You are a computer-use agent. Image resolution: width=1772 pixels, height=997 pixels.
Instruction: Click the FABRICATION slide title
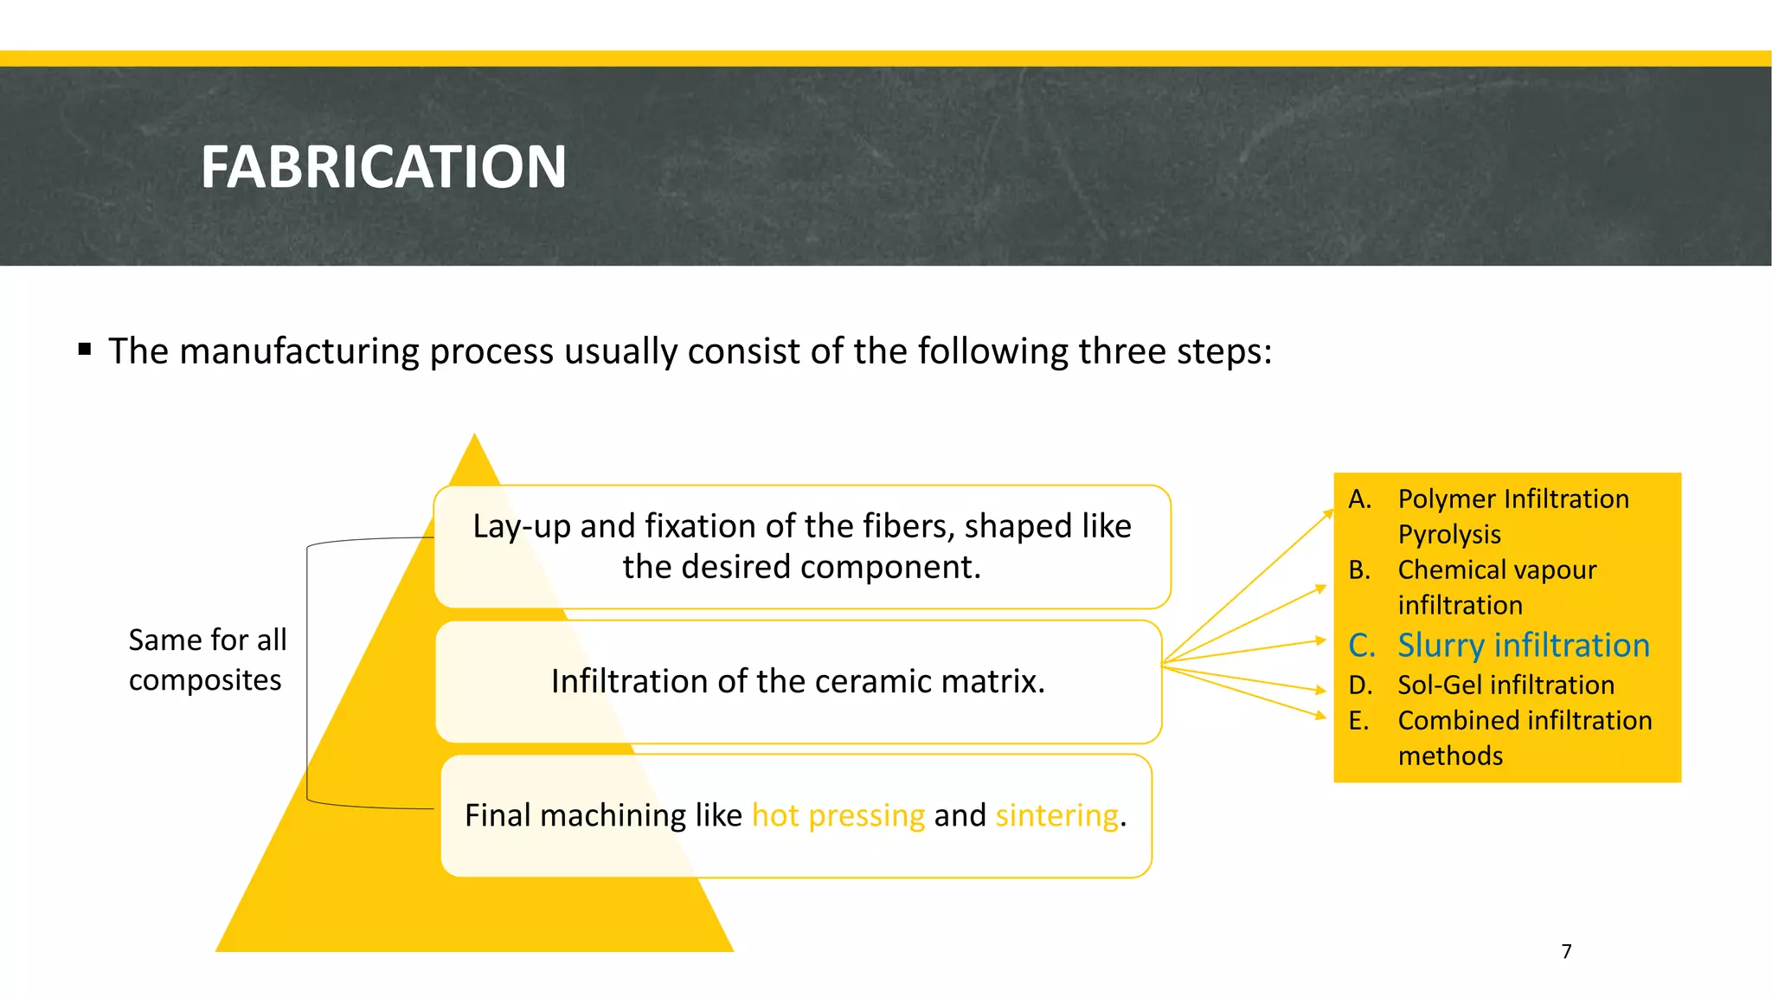383,166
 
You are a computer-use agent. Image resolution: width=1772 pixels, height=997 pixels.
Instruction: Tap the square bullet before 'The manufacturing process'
84,350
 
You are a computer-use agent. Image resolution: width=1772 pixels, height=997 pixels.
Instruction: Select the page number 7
1566,951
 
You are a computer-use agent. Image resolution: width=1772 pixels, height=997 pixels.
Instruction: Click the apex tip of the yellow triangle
474,438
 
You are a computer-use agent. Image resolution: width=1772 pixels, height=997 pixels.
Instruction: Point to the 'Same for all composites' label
207,659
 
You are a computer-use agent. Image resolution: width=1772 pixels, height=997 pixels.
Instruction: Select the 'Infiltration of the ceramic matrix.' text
798,681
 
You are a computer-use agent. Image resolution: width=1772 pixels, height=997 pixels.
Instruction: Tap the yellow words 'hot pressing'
838,815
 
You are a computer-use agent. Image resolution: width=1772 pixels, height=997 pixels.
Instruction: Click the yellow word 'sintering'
1056,815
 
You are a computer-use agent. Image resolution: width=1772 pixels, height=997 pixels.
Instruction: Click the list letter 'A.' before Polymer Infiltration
1359,499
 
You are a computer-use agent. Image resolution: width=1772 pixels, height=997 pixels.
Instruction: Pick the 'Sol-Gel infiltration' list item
1506,685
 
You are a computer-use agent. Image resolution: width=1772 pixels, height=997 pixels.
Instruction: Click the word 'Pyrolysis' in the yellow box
1449,535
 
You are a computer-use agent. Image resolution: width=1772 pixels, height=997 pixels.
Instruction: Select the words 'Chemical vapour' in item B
1497,569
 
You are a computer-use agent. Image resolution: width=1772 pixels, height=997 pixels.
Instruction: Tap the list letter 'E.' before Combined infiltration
1358,720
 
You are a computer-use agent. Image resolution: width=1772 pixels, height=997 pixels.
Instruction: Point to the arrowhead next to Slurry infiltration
1320,640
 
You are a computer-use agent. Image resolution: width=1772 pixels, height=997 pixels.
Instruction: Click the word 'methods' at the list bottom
1450,756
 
